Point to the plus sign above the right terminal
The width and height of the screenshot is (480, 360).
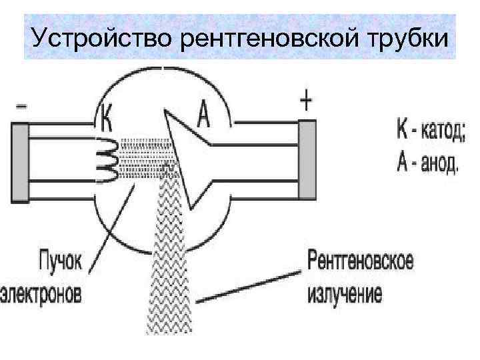click(305, 102)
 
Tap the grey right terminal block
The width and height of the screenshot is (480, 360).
click(307, 160)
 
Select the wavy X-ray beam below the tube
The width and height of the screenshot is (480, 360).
click(170, 267)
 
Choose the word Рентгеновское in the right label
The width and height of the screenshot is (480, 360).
click(360, 261)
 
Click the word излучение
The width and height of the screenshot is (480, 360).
click(345, 294)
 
